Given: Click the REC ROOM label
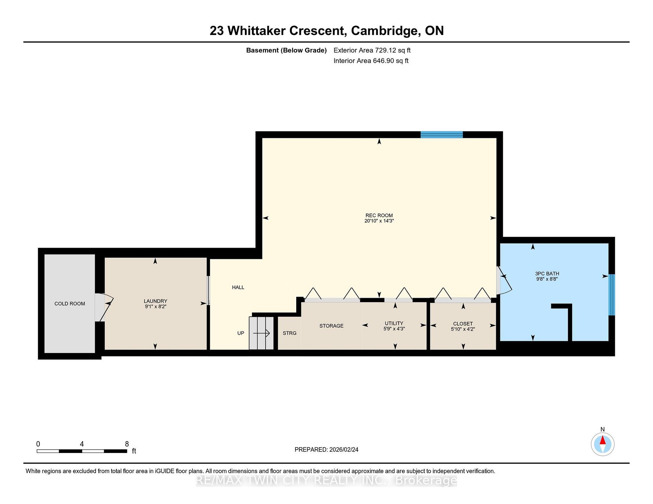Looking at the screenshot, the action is (379, 215).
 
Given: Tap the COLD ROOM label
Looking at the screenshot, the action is (70, 304).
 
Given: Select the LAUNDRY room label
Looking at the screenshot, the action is (155, 301).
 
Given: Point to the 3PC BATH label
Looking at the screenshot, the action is (547, 274).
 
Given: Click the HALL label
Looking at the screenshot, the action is (238, 288).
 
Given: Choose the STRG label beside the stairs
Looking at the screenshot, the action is (289, 333).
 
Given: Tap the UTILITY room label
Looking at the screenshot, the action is (394, 323).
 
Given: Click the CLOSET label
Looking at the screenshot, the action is (463, 324).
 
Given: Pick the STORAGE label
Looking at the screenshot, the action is (331, 326).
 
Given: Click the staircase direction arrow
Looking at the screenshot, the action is (262, 333).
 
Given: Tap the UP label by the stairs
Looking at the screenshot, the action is (241, 333).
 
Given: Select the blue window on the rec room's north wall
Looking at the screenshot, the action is (441, 135).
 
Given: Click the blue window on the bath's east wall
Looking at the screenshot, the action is (612, 295).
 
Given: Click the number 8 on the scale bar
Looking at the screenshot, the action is (127, 444).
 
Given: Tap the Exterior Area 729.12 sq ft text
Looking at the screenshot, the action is (372, 50).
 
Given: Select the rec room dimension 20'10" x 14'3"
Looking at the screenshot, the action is (379, 221).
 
